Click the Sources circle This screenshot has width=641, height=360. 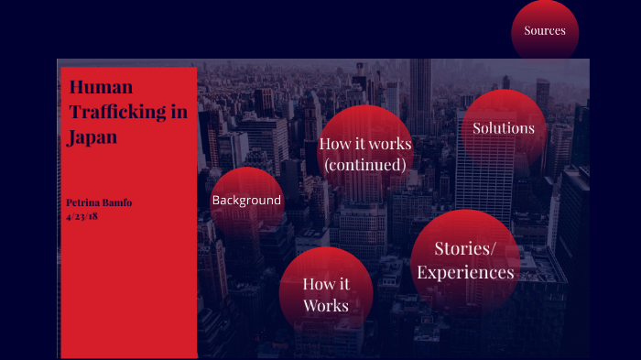coord(545,30)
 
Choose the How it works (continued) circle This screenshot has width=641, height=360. coord(364,154)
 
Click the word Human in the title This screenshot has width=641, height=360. coord(102,87)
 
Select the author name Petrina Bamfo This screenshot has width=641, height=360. coord(100,202)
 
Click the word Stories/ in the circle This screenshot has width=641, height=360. coord(465,247)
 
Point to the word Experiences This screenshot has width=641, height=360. coord(465,272)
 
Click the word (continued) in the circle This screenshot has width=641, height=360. coord(364,165)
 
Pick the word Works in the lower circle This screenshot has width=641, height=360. coord(326,305)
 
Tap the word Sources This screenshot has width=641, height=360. coord(545,30)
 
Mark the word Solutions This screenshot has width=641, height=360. coord(504,128)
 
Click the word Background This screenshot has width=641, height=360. coord(246,200)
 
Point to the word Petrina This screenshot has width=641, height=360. coord(82,202)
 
